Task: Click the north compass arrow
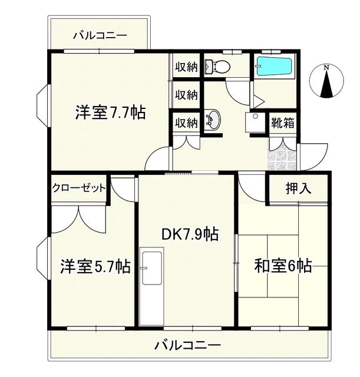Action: (326, 82)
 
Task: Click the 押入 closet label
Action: (299, 189)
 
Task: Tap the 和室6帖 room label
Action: (283, 266)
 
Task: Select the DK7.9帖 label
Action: (190, 234)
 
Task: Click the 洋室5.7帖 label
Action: (95, 266)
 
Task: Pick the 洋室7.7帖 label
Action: (110, 112)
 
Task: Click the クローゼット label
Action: (78, 188)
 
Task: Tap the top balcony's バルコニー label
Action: (100, 36)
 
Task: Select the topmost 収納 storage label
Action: (186, 67)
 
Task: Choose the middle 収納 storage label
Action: (186, 95)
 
